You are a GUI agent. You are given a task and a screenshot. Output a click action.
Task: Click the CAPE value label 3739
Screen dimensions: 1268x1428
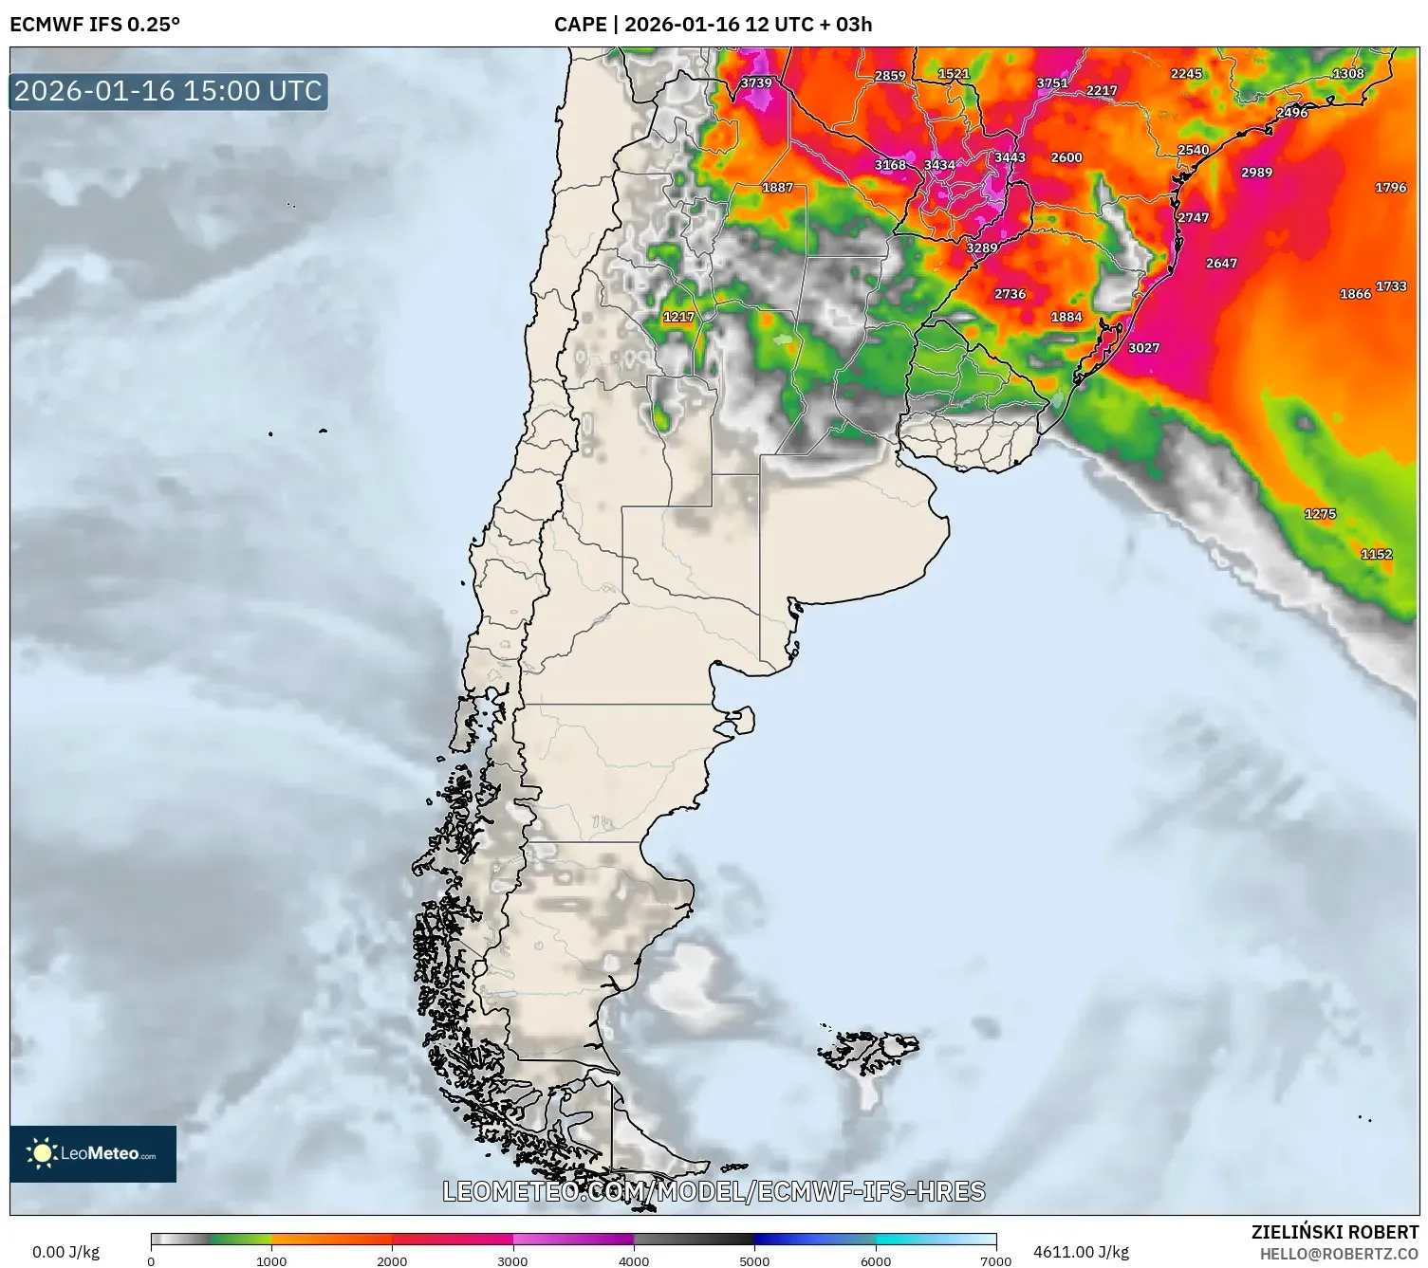(x=756, y=83)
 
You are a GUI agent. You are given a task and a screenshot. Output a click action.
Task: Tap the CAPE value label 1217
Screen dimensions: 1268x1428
(x=678, y=317)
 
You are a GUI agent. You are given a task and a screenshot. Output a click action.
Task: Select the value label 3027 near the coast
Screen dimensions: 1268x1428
(x=1143, y=348)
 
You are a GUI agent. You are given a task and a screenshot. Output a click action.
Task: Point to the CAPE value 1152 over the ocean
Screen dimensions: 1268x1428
(x=1376, y=554)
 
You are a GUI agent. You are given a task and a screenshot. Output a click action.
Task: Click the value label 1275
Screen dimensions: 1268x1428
(x=1320, y=514)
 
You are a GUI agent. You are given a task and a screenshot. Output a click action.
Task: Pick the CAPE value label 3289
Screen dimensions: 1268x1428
(x=982, y=248)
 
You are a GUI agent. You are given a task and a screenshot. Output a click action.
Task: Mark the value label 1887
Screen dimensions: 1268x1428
(x=777, y=188)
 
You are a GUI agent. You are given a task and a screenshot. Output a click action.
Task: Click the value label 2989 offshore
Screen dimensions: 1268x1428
(x=1256, y=173)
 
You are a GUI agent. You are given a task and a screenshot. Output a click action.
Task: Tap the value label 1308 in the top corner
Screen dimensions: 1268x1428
(x=1348, y=74)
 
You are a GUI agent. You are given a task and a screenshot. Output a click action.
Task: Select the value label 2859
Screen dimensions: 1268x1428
(x=890, y=76)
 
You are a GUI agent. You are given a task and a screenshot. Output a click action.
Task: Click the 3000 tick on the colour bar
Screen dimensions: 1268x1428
(x=513, y=1260)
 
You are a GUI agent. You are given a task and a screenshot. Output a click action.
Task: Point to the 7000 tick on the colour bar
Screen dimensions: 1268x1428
(x=995, y=1260)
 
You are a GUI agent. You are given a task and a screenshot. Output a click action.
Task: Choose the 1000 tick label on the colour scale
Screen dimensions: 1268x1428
(x=271, y=1260)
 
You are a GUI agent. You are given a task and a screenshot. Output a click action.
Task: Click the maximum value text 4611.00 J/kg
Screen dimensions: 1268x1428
(x=1081, y=1252)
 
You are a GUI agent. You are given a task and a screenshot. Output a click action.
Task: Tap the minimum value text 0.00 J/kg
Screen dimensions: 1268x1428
(x=65, y=1252)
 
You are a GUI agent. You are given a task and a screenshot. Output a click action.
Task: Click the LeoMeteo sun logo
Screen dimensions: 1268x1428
(x=43, y=1153)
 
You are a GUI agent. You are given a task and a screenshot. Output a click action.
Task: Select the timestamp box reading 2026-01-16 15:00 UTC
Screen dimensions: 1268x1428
(x=169, y=91)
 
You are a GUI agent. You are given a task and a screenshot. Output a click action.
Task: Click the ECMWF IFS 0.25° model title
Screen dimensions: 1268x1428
(x=95, y=25)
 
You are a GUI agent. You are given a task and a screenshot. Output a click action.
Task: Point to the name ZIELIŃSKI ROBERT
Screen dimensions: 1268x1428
(x=1334, y=1232)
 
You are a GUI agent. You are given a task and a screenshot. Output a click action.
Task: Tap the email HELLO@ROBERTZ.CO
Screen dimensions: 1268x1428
(x=1339, y=1254)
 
